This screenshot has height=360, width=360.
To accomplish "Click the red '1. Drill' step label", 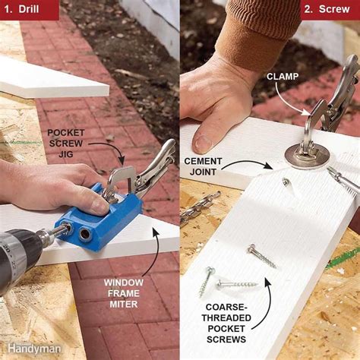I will [29, 10].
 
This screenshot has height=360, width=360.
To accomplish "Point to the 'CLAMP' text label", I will [286, 76].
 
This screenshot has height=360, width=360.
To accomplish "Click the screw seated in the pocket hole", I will [286, 182].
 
